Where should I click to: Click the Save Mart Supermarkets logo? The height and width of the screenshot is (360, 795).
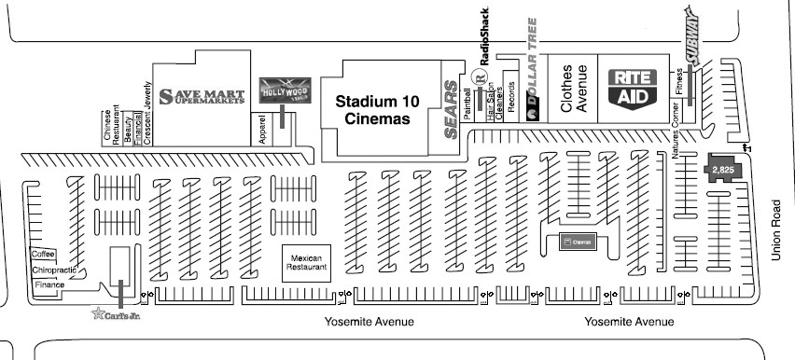[x=202, y=95]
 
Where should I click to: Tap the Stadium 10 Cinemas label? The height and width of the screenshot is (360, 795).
[x=377, y=110]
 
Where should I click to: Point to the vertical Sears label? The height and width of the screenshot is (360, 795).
[x=452, y=110]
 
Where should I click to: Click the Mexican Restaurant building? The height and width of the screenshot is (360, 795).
[x=307, y=261]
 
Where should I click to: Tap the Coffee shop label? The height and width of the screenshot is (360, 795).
[x=44, y=254]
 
